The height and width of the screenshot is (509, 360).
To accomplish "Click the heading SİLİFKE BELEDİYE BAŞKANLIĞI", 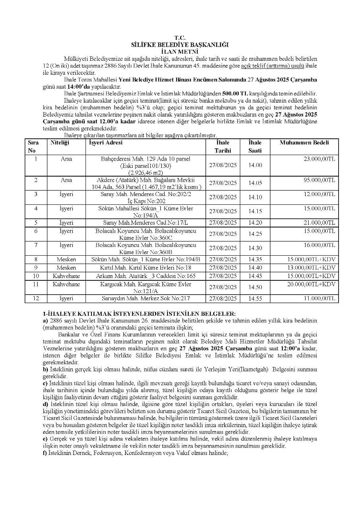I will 180,45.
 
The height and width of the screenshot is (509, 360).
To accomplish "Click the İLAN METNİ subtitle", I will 180,51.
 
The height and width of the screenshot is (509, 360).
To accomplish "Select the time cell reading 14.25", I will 255,234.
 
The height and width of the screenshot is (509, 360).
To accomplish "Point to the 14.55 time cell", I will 255,298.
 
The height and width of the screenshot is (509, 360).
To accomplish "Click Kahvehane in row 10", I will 66,276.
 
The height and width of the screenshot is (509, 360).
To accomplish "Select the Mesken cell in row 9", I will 66,268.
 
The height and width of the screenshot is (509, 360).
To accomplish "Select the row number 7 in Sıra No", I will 36,245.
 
